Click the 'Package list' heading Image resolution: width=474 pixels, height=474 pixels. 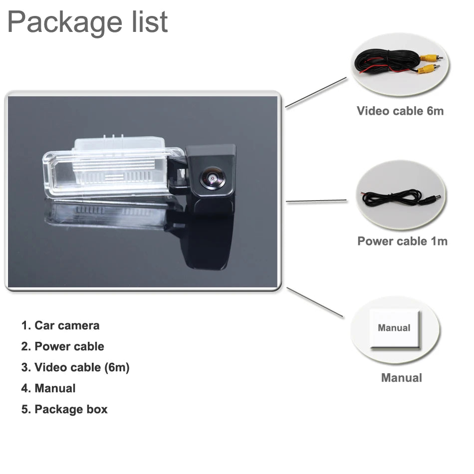(87, 22)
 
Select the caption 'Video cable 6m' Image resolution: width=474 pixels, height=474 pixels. (400, 111)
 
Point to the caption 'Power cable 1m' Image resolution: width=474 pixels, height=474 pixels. (402, 241)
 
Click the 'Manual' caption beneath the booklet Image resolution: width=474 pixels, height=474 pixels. (402, 378)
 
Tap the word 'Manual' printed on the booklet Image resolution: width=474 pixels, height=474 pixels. (394, 328)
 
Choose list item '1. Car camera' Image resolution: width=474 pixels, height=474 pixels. (60, 326)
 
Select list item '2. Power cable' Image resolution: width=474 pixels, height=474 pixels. (62, 346)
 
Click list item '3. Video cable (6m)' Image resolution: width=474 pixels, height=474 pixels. (75, 367)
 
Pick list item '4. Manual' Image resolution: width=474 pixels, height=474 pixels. (48, 388)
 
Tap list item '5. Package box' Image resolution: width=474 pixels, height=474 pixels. (64, 409)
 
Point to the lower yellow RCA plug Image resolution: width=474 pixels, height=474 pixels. (429, 69)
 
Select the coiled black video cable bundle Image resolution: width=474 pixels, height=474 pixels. (387, 61)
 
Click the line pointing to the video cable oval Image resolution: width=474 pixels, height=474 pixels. (316, 92)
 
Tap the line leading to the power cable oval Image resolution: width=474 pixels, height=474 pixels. (316, 201)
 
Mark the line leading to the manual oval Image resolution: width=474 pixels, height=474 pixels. (315, 302)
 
